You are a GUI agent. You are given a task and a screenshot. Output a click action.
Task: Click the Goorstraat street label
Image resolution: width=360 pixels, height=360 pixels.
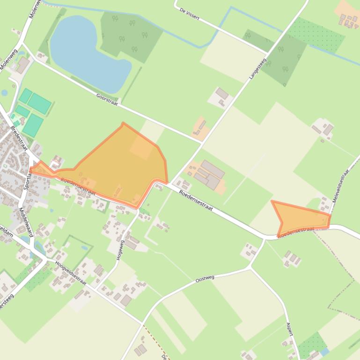pyautogui.click(x=107, y=98)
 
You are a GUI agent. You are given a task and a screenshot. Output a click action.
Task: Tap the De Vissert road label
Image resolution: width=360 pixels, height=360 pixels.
pyautogui.click(x=190, y=14)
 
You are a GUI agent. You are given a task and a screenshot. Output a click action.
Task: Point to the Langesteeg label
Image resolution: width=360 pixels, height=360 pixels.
pyautogui.click(x=257, y=67)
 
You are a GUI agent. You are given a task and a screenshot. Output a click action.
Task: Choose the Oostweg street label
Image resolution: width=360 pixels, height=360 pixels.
pyautogui.click(x=205, y=279)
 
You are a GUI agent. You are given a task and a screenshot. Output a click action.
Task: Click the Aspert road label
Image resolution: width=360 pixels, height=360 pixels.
pyautogui.click(x=290, y=329)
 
